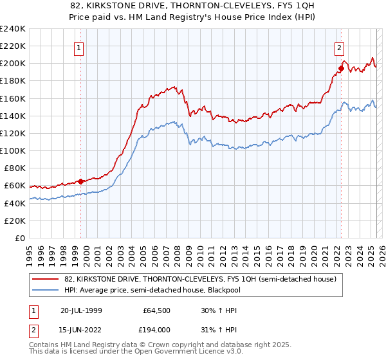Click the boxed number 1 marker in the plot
(x=78, y=47)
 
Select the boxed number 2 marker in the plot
(x=339, y=47)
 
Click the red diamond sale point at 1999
(x=81, y=181)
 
